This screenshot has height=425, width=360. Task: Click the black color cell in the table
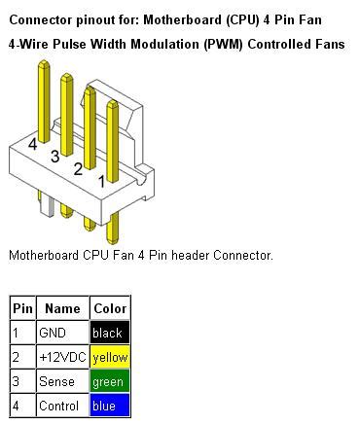point(109,333)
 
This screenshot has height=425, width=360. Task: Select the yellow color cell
point(109,357)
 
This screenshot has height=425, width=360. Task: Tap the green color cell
point(109,381)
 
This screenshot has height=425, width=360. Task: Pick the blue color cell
point(109,406)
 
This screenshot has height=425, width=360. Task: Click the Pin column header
point(22,308)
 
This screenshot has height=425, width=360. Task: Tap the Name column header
point(62,308)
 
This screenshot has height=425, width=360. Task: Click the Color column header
point(109,308)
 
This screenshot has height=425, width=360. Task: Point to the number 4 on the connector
point(33,145)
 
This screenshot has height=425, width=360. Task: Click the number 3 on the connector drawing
point(55,157)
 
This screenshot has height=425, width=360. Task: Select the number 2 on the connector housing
point(78,169)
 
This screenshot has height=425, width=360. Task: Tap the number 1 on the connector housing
point(101,181)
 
